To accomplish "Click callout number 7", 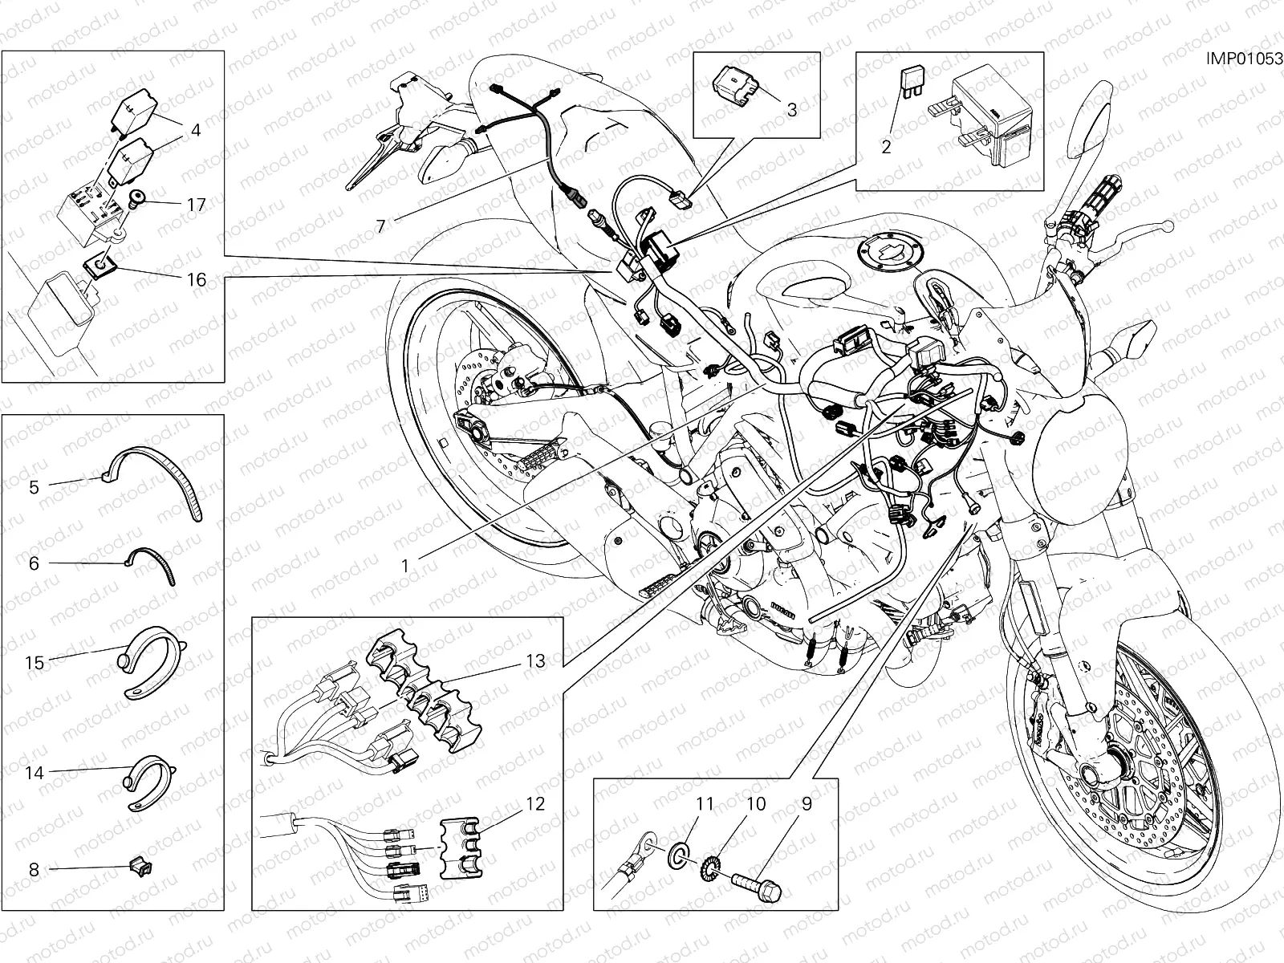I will point(381,226).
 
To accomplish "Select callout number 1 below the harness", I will point(406,565).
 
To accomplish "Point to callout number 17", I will point(197,205).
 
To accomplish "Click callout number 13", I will point(535,661).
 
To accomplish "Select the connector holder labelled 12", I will point(459,846).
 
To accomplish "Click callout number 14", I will point(34,774).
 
